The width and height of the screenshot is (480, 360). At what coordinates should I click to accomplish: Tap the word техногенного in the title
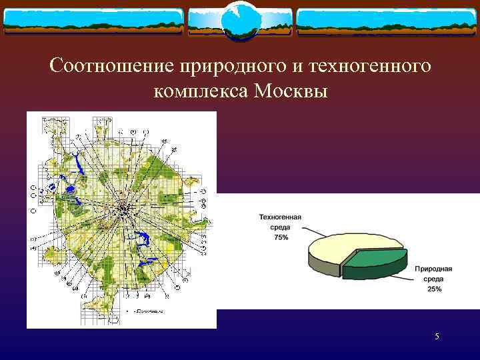click(x=361, y=67)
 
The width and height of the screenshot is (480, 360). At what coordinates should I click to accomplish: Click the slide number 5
click(x=437, y=337)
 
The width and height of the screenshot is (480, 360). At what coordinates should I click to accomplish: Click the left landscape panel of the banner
click(x=93, y=21)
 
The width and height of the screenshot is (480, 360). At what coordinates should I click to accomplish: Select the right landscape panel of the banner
click(x=387, y=21)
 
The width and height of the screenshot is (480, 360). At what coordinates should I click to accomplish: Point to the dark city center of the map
click(x=123, y=209)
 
